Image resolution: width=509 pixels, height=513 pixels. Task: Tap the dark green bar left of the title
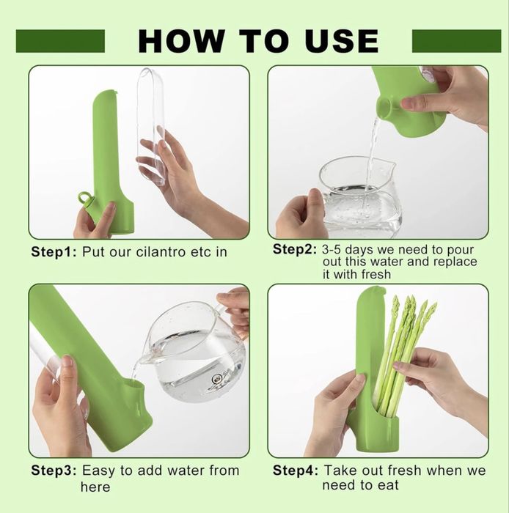coord(60,41)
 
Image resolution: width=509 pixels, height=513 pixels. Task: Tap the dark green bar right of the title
coord(456,41)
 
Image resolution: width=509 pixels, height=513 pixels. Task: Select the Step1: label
coord(54,252)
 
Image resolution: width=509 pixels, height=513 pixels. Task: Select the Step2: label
coord(295,249)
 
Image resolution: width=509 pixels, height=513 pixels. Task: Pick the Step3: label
coord(54,470)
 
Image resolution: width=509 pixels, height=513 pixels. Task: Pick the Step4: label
coord(296,470)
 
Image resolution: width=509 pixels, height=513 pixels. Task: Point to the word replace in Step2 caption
coord(455,262)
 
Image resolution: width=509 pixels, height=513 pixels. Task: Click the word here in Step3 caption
coord(95,487)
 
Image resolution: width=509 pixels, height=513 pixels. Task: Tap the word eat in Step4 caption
coord(388,485)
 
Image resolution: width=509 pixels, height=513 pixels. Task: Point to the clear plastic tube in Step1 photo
coord(151,127)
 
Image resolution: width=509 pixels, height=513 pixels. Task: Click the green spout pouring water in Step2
coord(386,107)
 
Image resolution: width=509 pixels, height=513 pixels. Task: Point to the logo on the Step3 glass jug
coord(217,380)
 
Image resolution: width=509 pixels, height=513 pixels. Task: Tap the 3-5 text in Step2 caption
coord(332,250)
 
